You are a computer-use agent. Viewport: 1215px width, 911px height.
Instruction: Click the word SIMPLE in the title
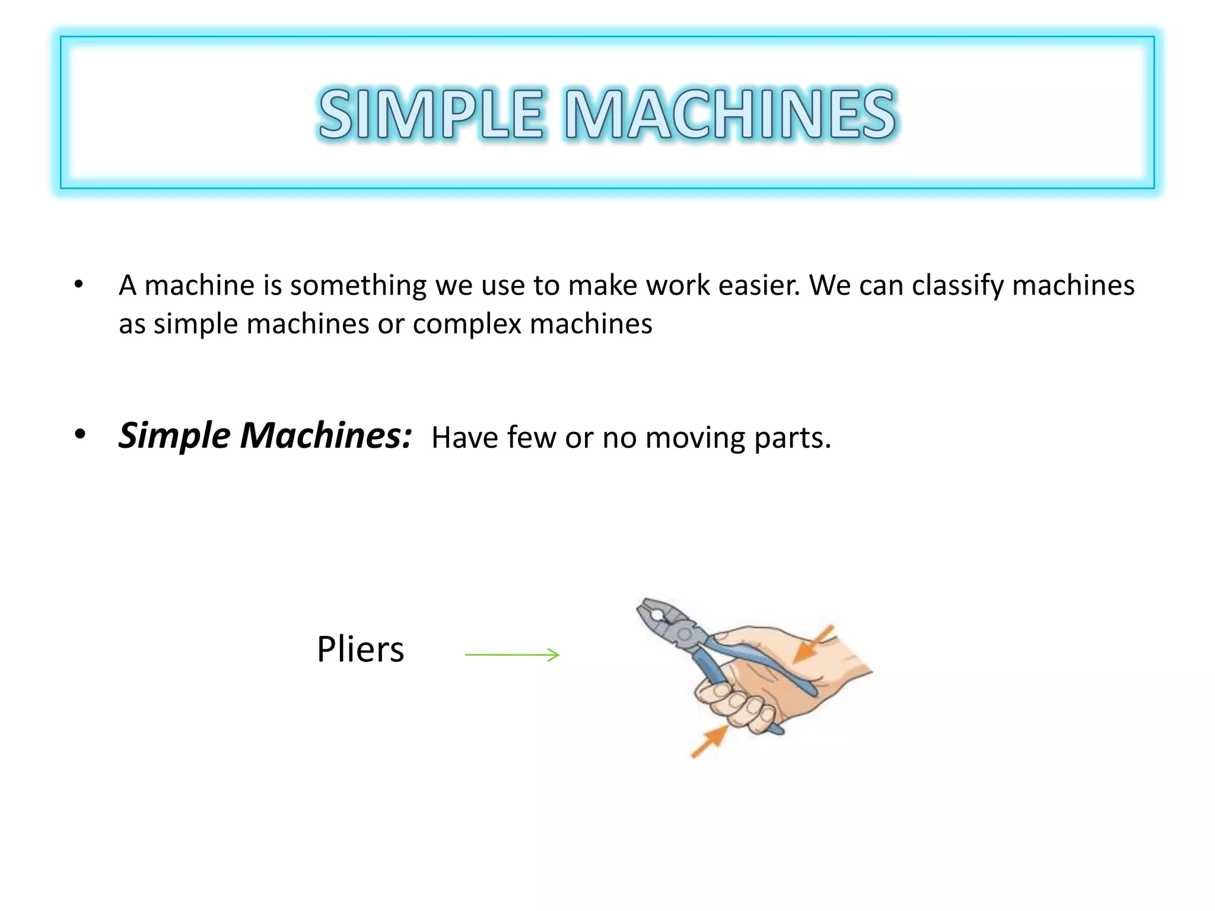point(431,114)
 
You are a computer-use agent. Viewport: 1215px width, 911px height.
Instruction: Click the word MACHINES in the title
point(730,114)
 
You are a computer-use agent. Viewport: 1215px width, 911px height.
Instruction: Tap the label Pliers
point(360,649)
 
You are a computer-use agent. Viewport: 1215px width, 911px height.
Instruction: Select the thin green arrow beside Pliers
point(512,655)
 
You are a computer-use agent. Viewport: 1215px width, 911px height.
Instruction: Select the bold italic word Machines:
point(326,436)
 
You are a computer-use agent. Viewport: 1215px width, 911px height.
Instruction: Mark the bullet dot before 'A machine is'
point(79,285)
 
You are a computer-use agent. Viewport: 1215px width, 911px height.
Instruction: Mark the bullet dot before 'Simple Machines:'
point(80,435)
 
